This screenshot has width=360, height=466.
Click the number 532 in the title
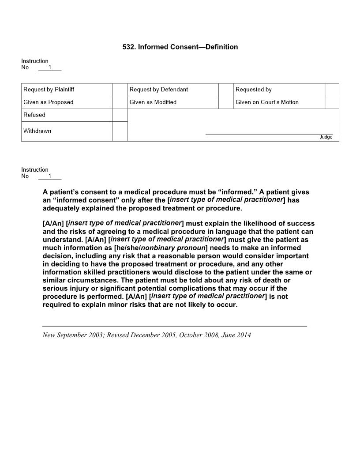(128, 47)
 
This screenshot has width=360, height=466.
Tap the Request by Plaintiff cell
(49, 90)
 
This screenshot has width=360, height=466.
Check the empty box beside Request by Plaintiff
(120, 90)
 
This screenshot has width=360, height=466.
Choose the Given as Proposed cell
(49, 102)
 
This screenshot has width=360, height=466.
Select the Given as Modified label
(153, 102)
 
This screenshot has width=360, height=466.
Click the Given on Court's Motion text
(267, 102)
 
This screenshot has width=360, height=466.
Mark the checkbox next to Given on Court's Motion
(332, 102)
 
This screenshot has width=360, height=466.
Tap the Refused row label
(34, 115)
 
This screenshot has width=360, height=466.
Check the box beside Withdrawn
(120, 132)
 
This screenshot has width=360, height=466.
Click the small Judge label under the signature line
(326, 137)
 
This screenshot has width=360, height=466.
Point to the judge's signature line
(269, 133)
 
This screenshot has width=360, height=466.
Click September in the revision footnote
(72, 335)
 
